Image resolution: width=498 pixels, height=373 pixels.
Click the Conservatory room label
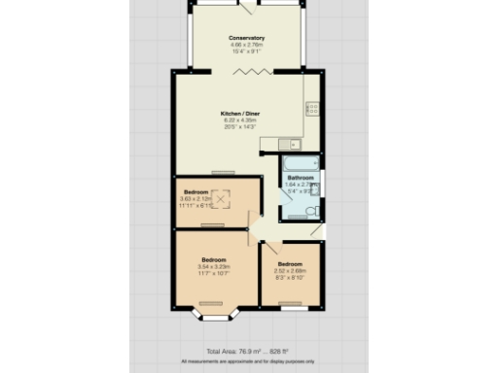pos(247,38)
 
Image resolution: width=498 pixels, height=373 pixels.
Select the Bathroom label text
pos(300,179)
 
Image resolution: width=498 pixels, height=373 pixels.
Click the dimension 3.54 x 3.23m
pos(214,267)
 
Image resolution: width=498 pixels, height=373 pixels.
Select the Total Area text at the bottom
pos(248,350)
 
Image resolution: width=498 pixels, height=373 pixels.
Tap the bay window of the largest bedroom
pos(214,314)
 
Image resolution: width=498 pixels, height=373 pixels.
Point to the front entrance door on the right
pos(317,230)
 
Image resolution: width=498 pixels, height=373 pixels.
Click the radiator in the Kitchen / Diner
pos(223,173)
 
